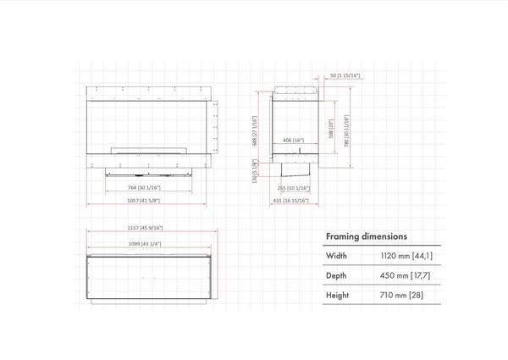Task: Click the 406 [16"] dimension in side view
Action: [293, 141]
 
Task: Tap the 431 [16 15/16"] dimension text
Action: [290, 200]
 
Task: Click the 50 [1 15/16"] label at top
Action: [342, 76]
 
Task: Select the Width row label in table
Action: [336, 255]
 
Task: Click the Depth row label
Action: [337, 276]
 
